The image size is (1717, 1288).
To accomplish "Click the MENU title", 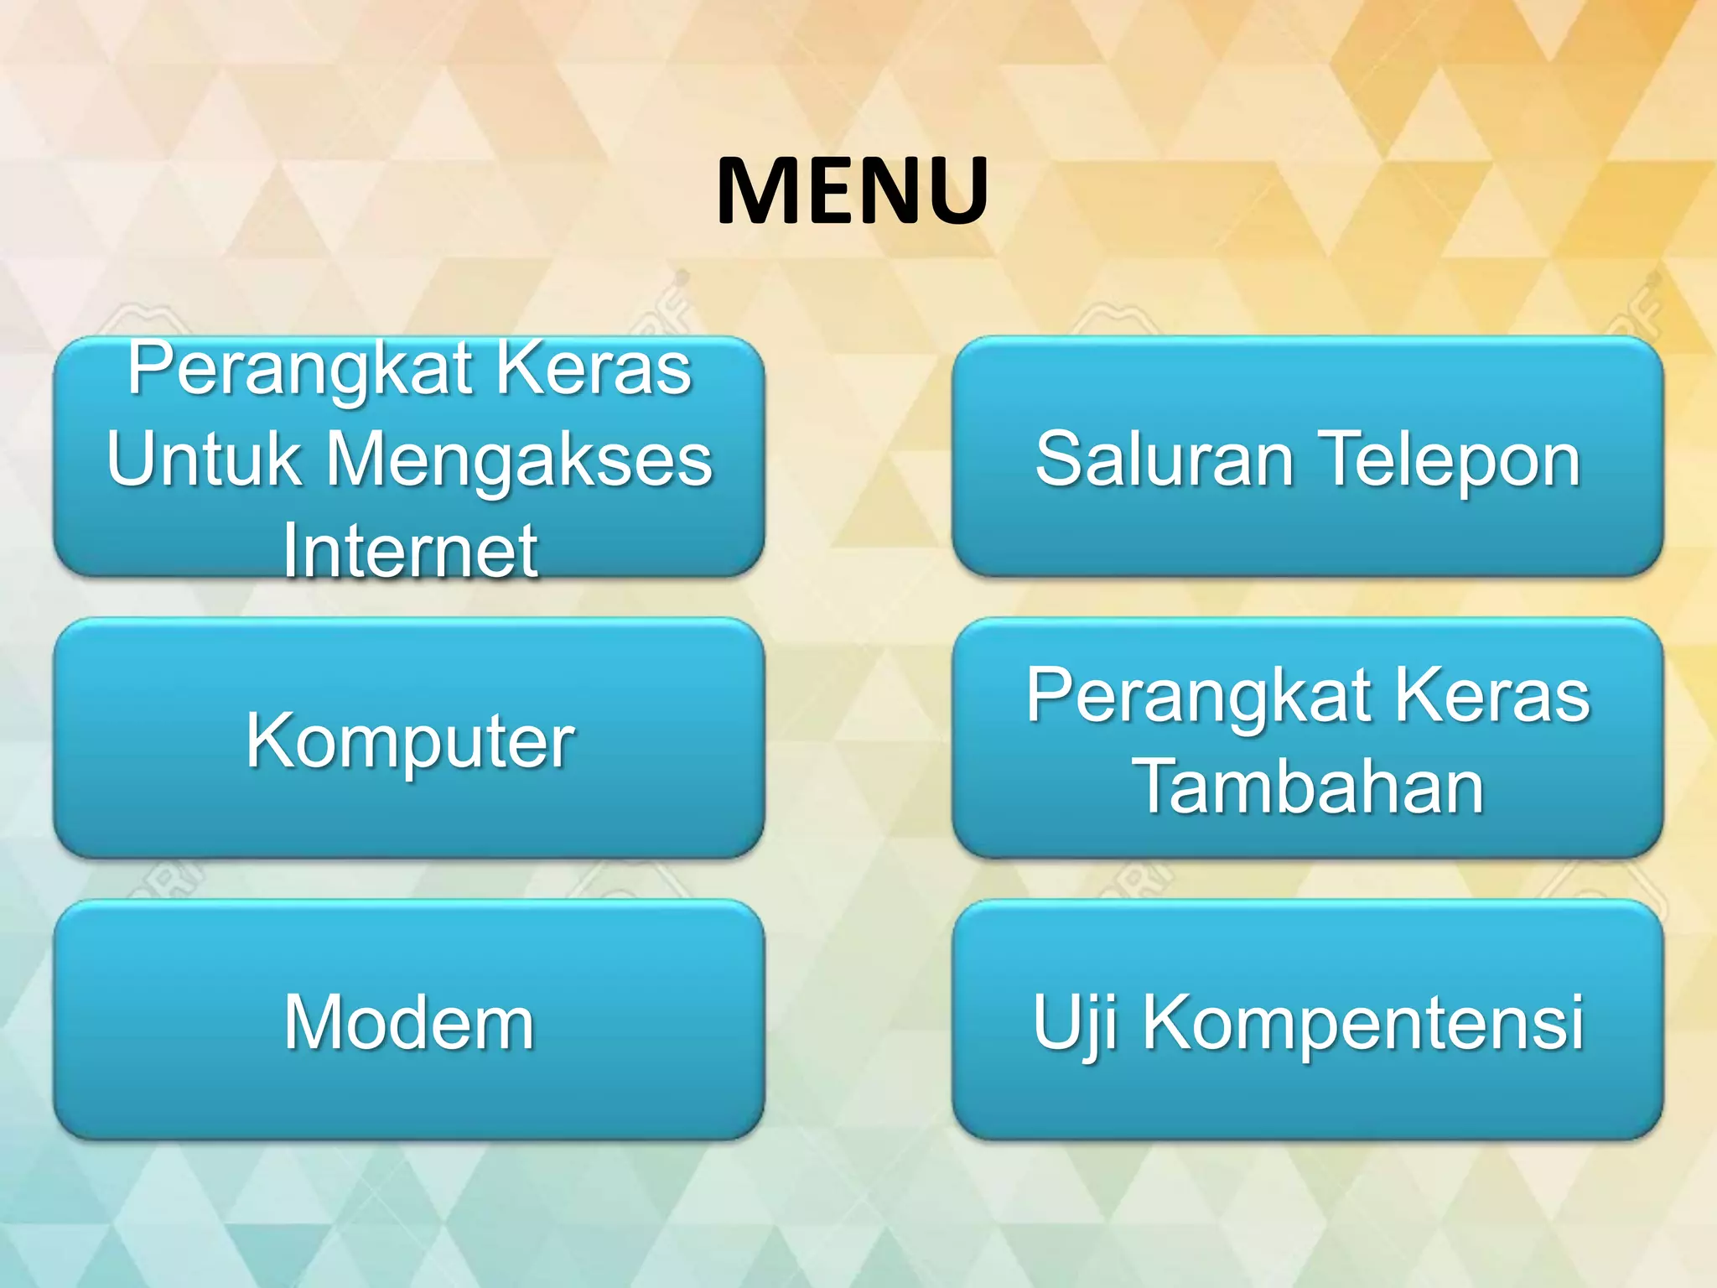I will (x=853, y=191).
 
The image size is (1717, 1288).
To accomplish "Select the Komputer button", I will (x=409, y=739).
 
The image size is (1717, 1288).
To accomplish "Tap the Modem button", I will (x=409, y=1021).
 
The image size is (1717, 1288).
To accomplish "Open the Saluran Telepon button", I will (x=1308, y=458).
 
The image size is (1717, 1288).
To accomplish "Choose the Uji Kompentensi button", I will (x=1308, y=1021).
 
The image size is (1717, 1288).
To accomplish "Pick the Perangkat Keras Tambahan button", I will (x=1308, y=739).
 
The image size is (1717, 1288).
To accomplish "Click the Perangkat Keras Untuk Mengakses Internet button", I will (x=409, y=458).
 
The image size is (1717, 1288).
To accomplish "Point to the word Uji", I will (x=1074, y=1021).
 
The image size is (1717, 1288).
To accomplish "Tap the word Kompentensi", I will (x=1363, y=1021).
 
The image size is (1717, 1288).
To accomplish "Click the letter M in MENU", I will (x=759, y=191).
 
